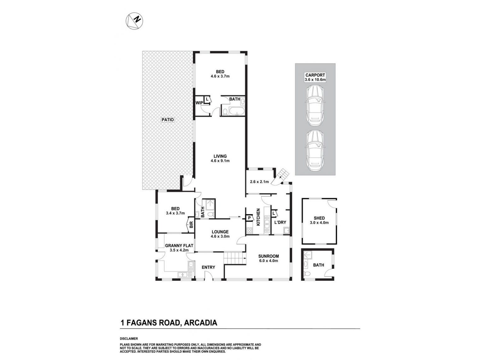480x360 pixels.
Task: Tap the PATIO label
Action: pyautogui.click(x=168, y=120)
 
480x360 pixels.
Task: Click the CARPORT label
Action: pyautogui.click(x=315, y=75)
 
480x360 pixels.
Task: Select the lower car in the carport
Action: pyautogui.click(x=315, y=150)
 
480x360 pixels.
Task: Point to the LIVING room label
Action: pyautogui.click(x=220, y=156)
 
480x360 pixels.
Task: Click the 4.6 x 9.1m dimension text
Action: pyautogui.click(x=220, y=161)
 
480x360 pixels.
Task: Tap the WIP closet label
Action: pyautogui.click(x=199, y=103)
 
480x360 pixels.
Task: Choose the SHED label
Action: pyautogui.click(x=319, y=218)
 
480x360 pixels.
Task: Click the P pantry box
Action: pyautogui.click(x=249, y=218)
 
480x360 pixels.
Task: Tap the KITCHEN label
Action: pyautogui.click(x=258, y=217)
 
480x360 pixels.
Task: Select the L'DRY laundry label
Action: pyautogui.click(x=280, y=222)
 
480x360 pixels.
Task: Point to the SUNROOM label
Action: pyautogui.click(x=268, y=256)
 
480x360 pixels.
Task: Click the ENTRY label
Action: pyautogui.click(x=208, y=267)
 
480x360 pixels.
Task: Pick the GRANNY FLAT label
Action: pyautogui.click(x=179, y=245)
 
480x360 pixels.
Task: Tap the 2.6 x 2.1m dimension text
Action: pyautogui.click(x=259, y=182)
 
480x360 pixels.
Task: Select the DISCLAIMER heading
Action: pyautogui.click(x=129, y=339)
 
